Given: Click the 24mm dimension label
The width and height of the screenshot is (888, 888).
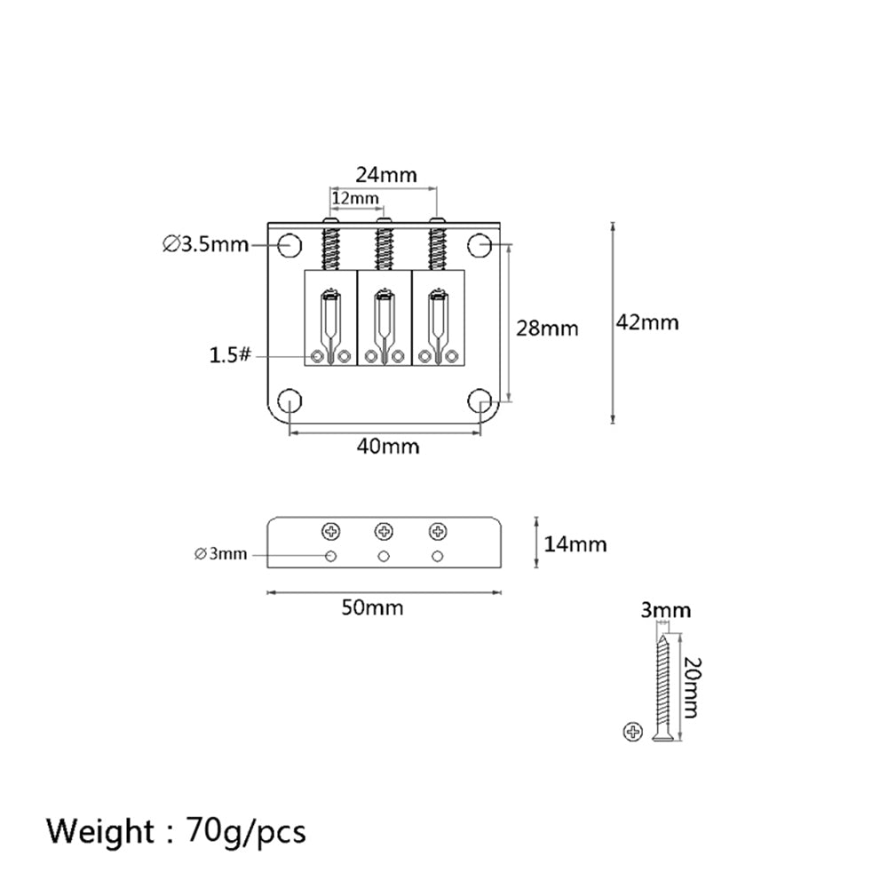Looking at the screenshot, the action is click(386, 175).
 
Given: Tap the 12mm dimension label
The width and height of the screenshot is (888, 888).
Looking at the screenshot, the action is click(355, 198).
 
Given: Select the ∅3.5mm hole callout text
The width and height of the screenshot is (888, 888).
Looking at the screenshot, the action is click(206, 245).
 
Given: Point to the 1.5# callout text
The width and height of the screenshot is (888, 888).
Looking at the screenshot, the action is click(230, 355).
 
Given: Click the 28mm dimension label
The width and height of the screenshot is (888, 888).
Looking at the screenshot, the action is click(547, 329).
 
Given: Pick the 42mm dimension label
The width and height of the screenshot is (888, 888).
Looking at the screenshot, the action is click(647, 322).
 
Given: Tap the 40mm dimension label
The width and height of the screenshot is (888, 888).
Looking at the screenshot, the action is click(388, 447).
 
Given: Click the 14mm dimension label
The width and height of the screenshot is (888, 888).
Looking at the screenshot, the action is click(575, 544).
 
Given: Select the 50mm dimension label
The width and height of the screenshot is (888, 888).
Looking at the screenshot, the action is click(373, 607).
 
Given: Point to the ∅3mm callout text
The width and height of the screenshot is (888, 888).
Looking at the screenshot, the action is click(221, 554).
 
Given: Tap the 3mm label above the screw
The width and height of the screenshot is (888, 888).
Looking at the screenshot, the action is click(666, 611).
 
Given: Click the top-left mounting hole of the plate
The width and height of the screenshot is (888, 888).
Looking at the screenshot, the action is click(289, 245).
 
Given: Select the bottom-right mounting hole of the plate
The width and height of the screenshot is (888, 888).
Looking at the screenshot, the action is click(480, 401).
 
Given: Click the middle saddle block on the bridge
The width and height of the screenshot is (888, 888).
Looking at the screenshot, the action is click(385, 318).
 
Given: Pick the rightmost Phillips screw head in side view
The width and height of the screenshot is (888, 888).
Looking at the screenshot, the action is click(438, 532).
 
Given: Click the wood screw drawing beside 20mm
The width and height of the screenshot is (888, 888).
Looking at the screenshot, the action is click(662, 687).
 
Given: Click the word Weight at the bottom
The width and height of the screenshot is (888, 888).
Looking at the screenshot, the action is click(100, 832).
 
